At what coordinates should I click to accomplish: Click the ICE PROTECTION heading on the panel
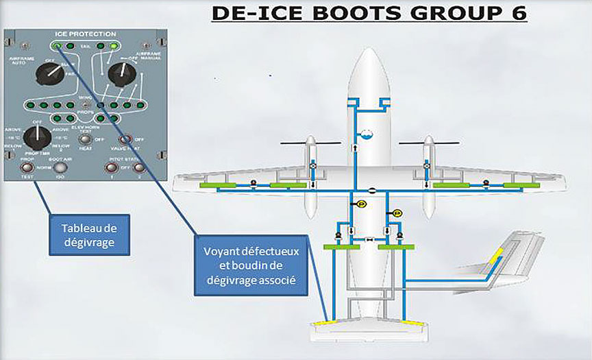pyautogui.click(x=86, y=34)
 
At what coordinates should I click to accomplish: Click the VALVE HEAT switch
pyautogui.click(x=126, y=140)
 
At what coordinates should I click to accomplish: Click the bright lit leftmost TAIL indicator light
pyautogui.click(x=57, y=46)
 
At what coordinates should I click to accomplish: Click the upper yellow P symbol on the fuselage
pyautogui.click(x=361, y=204)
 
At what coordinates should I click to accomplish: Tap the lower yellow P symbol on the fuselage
pyautogui.click(x=397, y=214)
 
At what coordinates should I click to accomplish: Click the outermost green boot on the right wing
pyautogui.click(x=520, y=185)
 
